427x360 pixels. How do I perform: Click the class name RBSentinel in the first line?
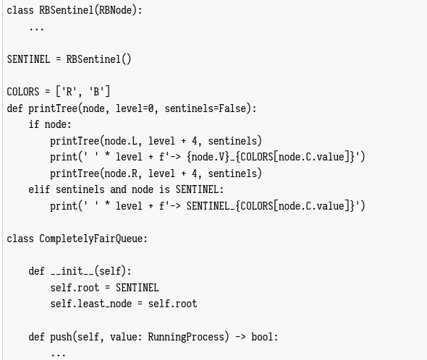pos(67,10)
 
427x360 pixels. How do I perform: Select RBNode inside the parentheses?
pos(116,10)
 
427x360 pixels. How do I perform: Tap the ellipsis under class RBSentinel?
pos(36,29)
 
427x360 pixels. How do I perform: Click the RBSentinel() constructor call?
pos(99,59)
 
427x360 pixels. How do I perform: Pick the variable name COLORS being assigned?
pos(23,92)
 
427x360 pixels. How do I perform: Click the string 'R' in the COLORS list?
pos(69,92)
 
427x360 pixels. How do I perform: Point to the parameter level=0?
pos(135,108)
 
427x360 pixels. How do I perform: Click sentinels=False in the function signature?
pos(206,108)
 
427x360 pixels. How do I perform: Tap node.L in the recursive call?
pos(121,141)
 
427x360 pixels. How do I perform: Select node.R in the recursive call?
pos(121,173)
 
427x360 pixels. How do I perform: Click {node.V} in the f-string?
pos(208,157)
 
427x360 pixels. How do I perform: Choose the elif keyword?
pos(39,189)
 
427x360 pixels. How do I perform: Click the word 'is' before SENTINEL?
pos(164,189)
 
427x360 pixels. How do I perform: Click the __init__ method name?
pos(72,271)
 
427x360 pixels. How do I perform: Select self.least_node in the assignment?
pos(91,304)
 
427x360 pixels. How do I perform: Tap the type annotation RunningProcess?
pos(186,337)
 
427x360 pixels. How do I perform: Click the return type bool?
pos(262,337)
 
